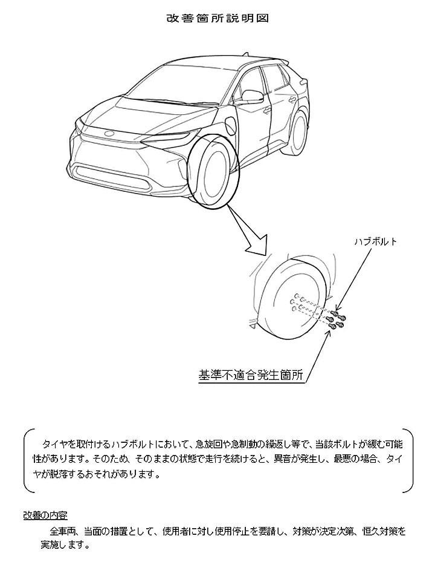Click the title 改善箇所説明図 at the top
tap(217, 18)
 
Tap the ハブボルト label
tap(376, 241)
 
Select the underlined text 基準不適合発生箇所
tap(251, 375)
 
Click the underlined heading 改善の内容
tap(45, 515)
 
